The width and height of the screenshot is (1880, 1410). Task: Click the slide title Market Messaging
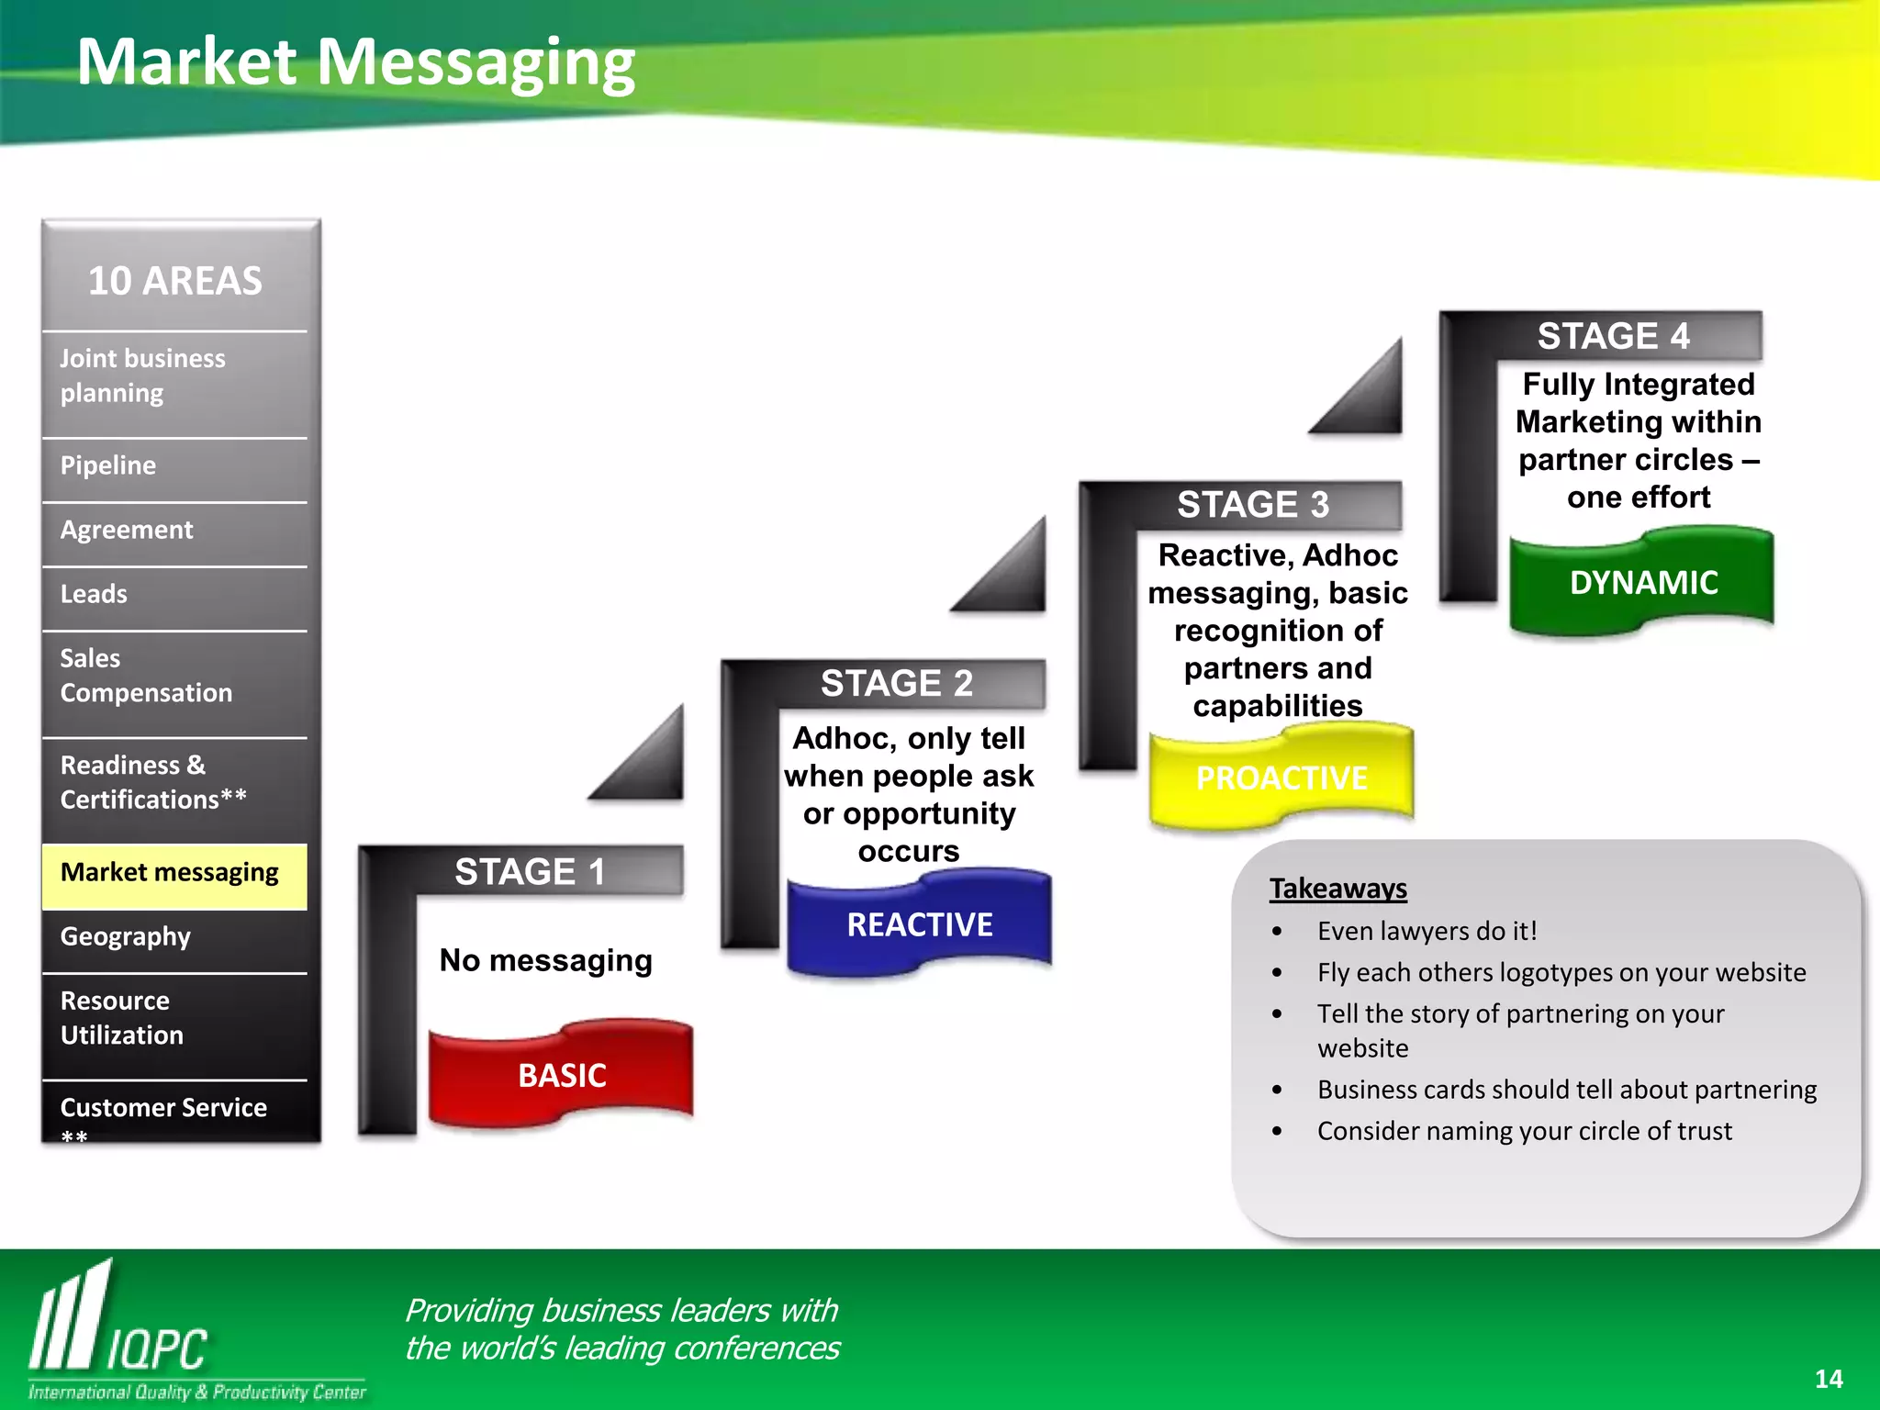click(x=355, y=62)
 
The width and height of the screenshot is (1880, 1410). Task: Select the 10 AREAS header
click(x=174, y=281)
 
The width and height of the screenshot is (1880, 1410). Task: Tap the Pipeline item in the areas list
click(x=108, y=465)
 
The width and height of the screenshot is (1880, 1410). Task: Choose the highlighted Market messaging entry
click(x=170, y=872)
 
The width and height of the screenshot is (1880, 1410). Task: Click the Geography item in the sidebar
click(x=126, y=936)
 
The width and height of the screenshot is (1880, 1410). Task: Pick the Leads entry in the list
click(x=94, y=594)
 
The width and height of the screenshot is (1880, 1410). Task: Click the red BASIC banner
click(x=562, y=1075)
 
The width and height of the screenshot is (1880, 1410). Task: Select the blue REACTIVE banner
click(x=919, y=924)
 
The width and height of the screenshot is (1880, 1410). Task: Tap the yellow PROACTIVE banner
click(x=1281, y=778)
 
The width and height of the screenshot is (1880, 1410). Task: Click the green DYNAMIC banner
click(x=1643, y=583)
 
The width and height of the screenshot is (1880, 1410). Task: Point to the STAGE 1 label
click(x=530, y=871)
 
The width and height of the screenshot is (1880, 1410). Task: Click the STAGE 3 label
click(x=1253, y=505)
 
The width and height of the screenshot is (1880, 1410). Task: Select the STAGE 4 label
click(x=1613, y=336)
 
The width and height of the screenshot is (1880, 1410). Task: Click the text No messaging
click(x=545, y=960)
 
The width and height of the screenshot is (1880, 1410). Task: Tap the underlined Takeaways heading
click(x=1337, y=889)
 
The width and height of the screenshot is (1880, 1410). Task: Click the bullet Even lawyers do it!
click(x=1427, y=931)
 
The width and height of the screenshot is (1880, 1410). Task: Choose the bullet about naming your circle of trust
click(x=1524, y=1131)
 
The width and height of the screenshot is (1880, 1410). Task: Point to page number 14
click(x=1828, y=1379)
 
